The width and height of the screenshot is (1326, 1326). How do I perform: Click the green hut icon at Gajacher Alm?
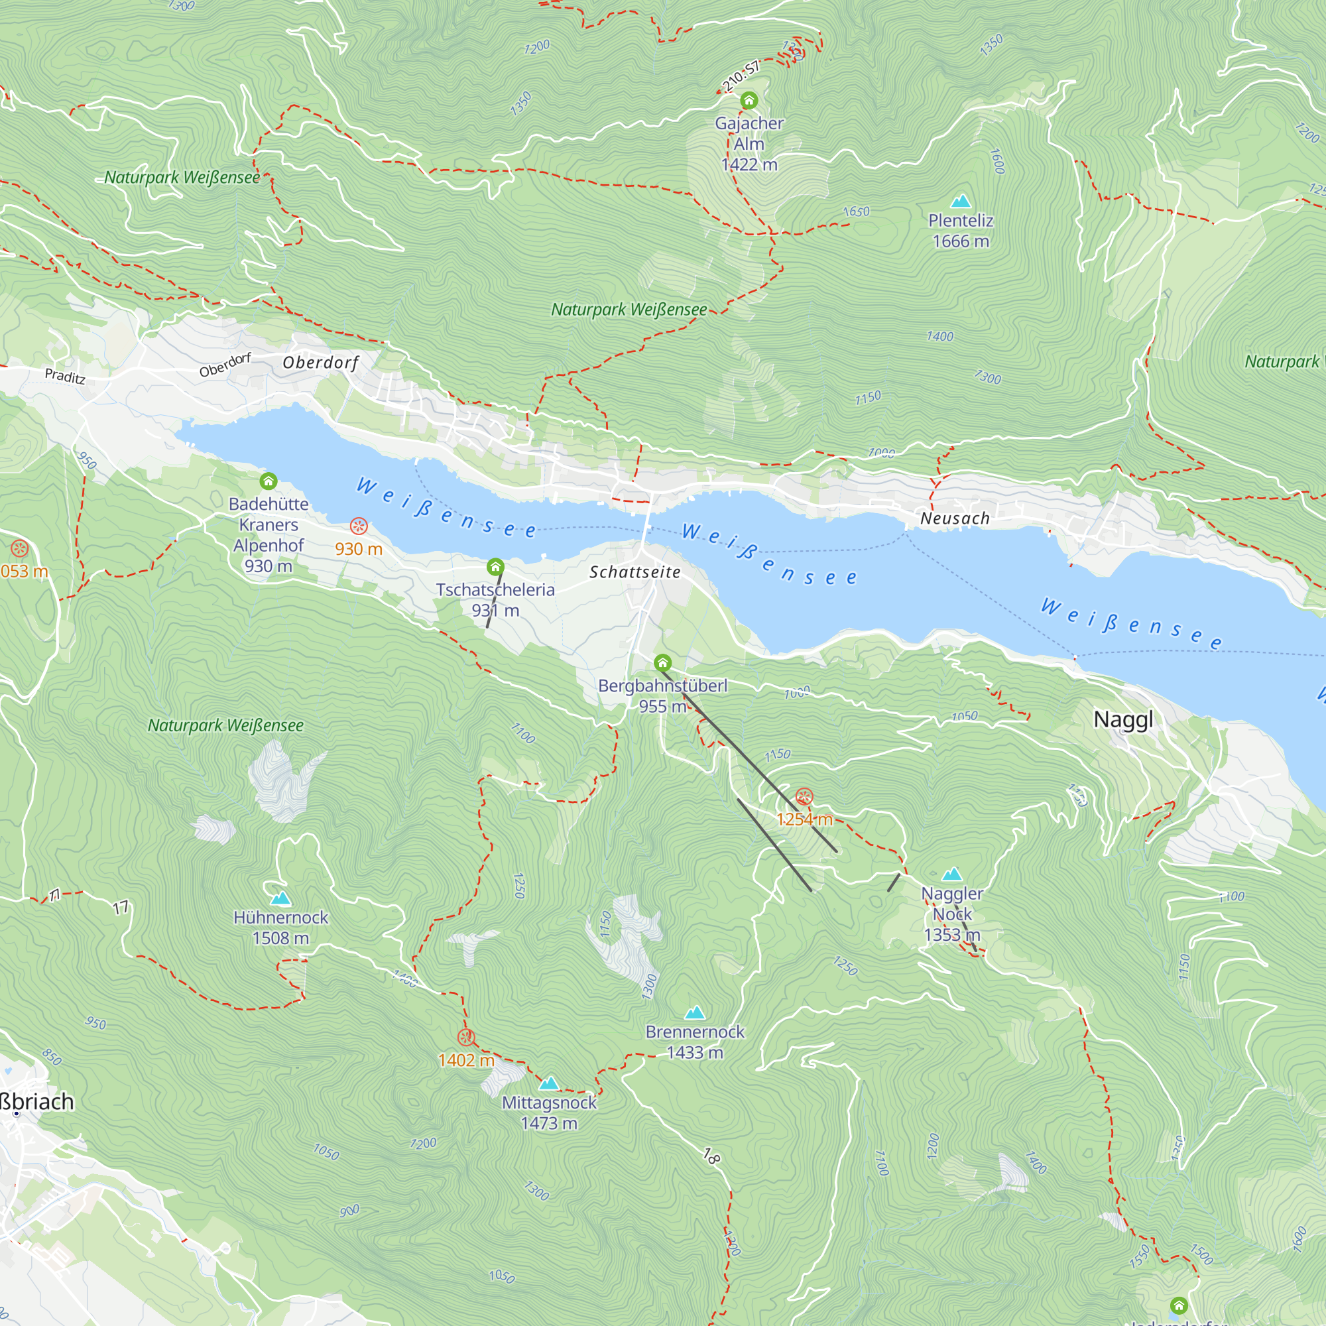(x=749, y=101)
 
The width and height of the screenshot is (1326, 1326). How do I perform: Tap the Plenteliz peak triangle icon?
(x=961, y=201)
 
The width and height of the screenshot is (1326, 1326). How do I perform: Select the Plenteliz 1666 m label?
(x=960, y=231)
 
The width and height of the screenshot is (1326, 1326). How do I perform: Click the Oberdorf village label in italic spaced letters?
(x=320, y=363)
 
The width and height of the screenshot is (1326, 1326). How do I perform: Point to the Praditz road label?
(x=65, y=376)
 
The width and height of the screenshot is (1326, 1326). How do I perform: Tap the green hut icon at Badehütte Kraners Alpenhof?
(x=269, y=481)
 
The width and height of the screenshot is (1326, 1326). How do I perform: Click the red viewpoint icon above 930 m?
(x=358, y=526)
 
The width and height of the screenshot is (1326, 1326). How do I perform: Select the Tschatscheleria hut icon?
(x=495, y=568)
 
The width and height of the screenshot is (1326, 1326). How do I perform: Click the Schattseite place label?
(x=635, y=572)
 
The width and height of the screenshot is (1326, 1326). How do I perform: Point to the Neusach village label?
(x=955, y=518)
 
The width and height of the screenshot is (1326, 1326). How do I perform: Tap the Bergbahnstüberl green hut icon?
(x=662, y=663)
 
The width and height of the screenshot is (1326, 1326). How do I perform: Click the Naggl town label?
(x=1123, y=719)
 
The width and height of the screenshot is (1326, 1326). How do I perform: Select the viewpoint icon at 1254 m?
(x=804, y=798)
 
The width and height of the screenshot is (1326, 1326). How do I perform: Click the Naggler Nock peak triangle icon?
(x=952, y=874)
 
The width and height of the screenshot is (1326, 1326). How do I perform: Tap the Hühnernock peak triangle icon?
(x=280, y=898)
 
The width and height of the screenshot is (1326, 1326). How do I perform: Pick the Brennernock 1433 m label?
(x=695, y=1042)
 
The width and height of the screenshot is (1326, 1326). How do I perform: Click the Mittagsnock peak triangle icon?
(x=548, y=1084)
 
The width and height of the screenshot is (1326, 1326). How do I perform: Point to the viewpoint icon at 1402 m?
(x=466, y=1037)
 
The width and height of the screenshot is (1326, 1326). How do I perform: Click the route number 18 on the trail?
(x=711, y=1156)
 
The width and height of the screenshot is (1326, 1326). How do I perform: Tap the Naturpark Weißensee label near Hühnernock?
(x=226, y=725)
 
